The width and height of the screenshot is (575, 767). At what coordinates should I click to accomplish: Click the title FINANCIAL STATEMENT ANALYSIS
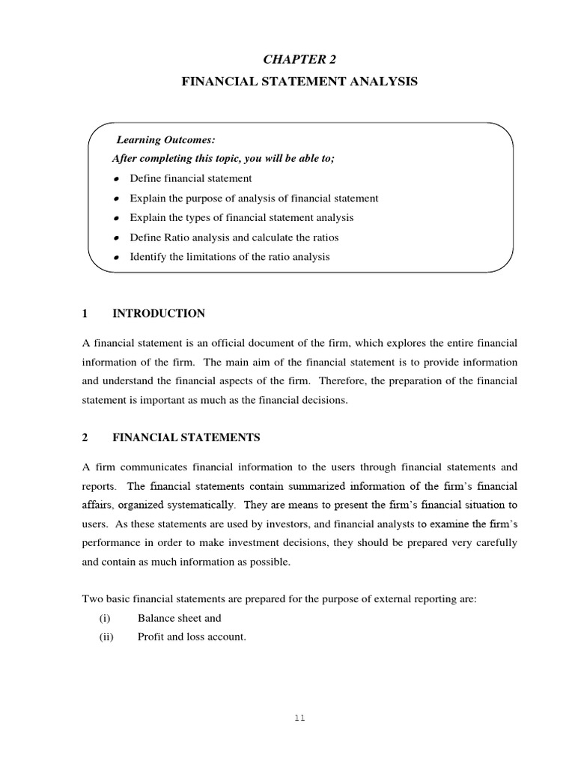click(299, 82)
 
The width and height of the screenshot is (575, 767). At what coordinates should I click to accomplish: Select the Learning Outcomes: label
click(165, 139)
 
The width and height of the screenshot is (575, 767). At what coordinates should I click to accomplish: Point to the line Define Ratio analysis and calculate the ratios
click(234, 237)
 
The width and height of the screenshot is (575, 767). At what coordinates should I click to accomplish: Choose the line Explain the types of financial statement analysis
click(241, 218)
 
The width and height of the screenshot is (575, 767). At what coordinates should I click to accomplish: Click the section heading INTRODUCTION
click(158, 313)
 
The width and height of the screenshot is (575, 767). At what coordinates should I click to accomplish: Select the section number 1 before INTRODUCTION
click(85, 313)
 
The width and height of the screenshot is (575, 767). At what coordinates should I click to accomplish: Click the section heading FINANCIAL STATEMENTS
click(186, 437)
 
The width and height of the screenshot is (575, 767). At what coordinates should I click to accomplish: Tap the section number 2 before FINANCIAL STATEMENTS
click(85, 437)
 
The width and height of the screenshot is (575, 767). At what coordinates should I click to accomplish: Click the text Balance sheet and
click(180, 618)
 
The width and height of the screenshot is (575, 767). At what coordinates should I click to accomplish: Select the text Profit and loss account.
click(192, 637)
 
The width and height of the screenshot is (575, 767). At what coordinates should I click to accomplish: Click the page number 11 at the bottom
click(299, 717)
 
